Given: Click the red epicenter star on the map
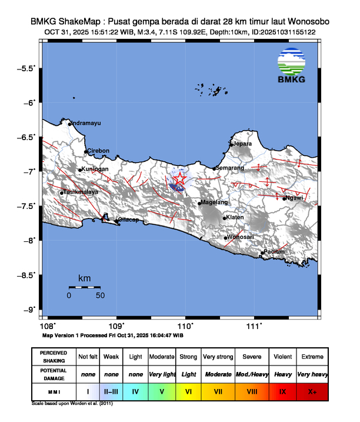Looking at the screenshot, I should coord(179,180).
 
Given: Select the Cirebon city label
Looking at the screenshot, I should coord(98,151).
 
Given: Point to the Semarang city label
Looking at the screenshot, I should coord(230,168).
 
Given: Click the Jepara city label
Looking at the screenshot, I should coord(242,143).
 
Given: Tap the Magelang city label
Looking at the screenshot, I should coord(214,202).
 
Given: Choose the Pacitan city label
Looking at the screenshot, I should coord(275,251).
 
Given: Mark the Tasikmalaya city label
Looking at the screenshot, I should coord(81,192).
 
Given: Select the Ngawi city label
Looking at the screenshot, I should coord(294,198).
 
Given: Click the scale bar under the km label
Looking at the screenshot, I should coord(84,287).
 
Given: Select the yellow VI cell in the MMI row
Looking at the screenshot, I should coord(188,390).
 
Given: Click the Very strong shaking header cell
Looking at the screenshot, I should coord(218,357).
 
